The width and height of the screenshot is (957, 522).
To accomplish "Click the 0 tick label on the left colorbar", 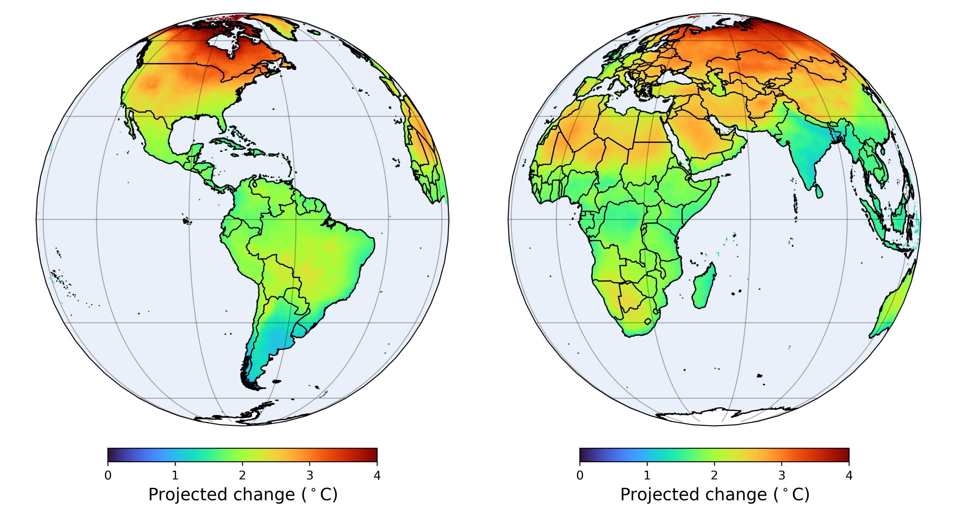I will pos(108,475).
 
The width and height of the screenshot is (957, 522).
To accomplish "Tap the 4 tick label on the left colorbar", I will pos(377,475).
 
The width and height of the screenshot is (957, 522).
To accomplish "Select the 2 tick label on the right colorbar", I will pos(714,475).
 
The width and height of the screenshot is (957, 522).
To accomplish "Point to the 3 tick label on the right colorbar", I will pos(782,475).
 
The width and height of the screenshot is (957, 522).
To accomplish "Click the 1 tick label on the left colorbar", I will pos(175,475).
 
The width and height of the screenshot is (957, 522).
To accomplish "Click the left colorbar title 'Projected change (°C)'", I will pos(243,495).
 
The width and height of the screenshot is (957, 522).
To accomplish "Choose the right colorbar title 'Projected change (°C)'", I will pos(714,495).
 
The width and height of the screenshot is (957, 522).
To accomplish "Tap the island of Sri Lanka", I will pos(818,191).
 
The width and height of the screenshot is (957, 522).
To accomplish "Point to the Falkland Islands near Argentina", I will pos(276,381).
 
